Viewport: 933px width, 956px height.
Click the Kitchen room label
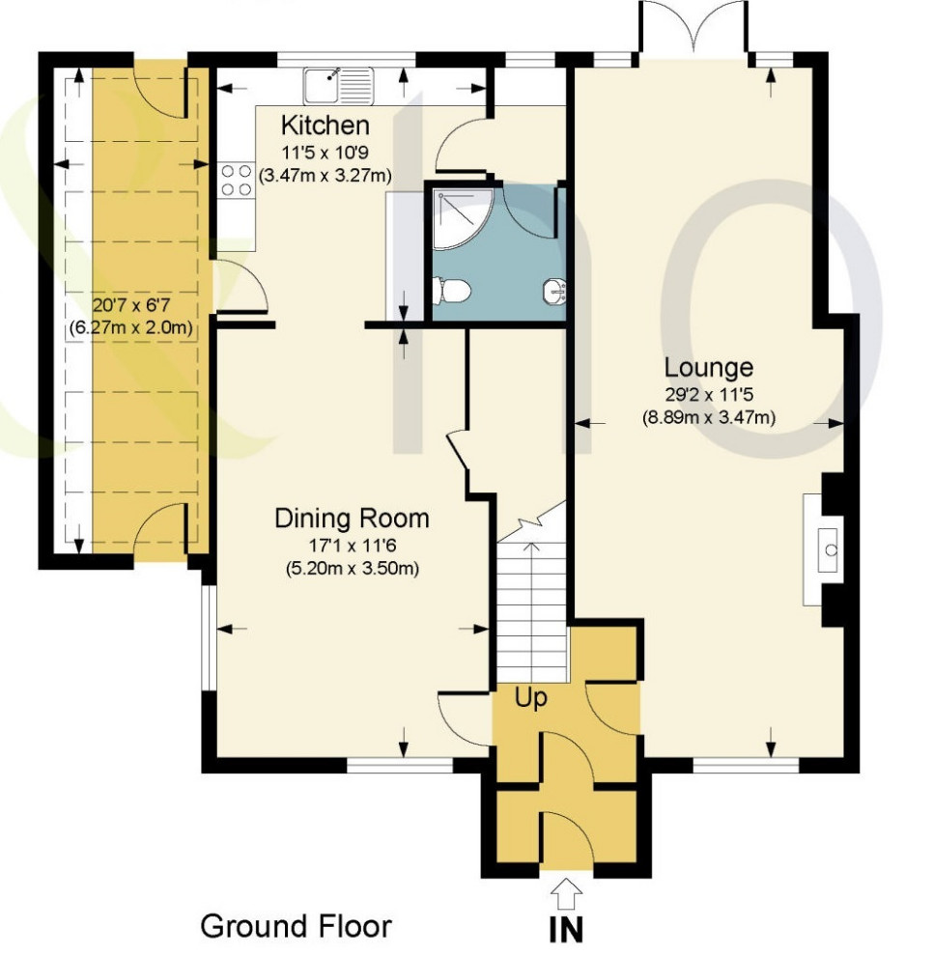pos(325,126)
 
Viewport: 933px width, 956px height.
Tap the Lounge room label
pos(709,368)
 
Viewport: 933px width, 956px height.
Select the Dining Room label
pos(352,519)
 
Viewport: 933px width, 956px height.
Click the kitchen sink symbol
pos(338,85)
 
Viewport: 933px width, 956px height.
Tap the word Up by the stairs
pos(530,698)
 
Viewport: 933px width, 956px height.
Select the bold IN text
pos(568,930)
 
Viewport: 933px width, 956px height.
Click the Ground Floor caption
pos(296,926)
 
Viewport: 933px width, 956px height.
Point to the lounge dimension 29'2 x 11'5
pos(709,394)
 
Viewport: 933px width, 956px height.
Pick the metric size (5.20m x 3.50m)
pos(352,568)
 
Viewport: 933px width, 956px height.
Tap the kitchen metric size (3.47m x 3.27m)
pos(325,175)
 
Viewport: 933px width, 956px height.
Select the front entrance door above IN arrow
pos(567,840)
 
